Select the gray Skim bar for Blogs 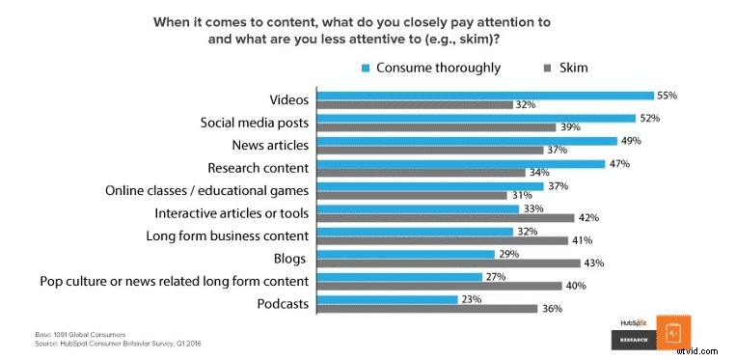coord(450,263)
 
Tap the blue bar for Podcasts coord(389,298)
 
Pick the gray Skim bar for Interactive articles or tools coord(447,217)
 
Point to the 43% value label coord(595,263)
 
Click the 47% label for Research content coord(618,164)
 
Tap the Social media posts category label coord(255,124)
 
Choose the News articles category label coord(270,146)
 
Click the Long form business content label coord(227,235)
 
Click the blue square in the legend coord(367,68)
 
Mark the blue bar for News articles coord(469,141)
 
